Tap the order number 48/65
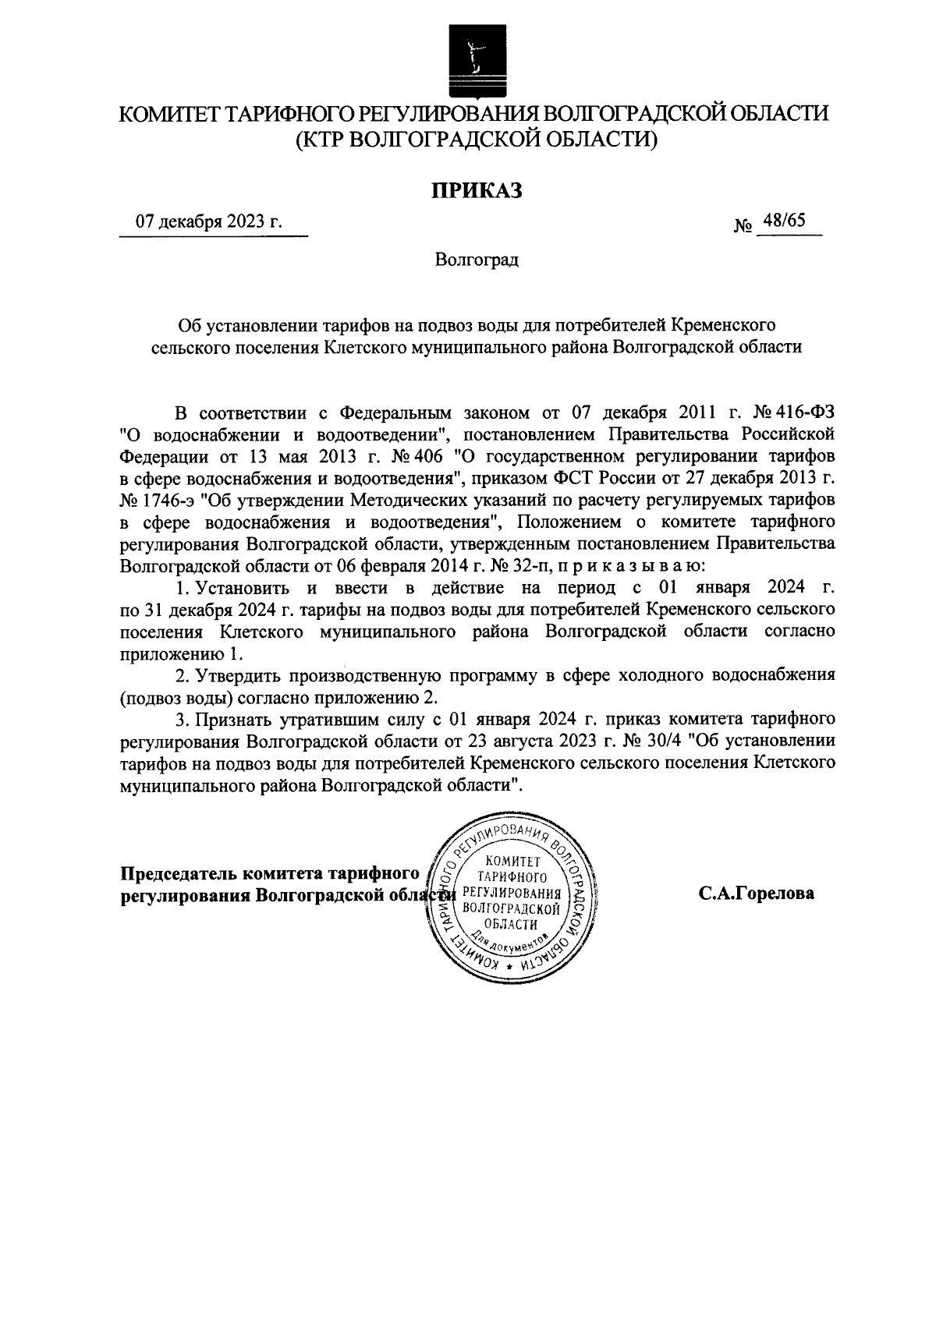tap(785, 221)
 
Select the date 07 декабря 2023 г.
tap(208, 222)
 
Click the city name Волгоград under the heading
tap(477, 260)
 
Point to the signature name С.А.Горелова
tap(757, 894)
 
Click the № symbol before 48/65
tap(743, 227)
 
